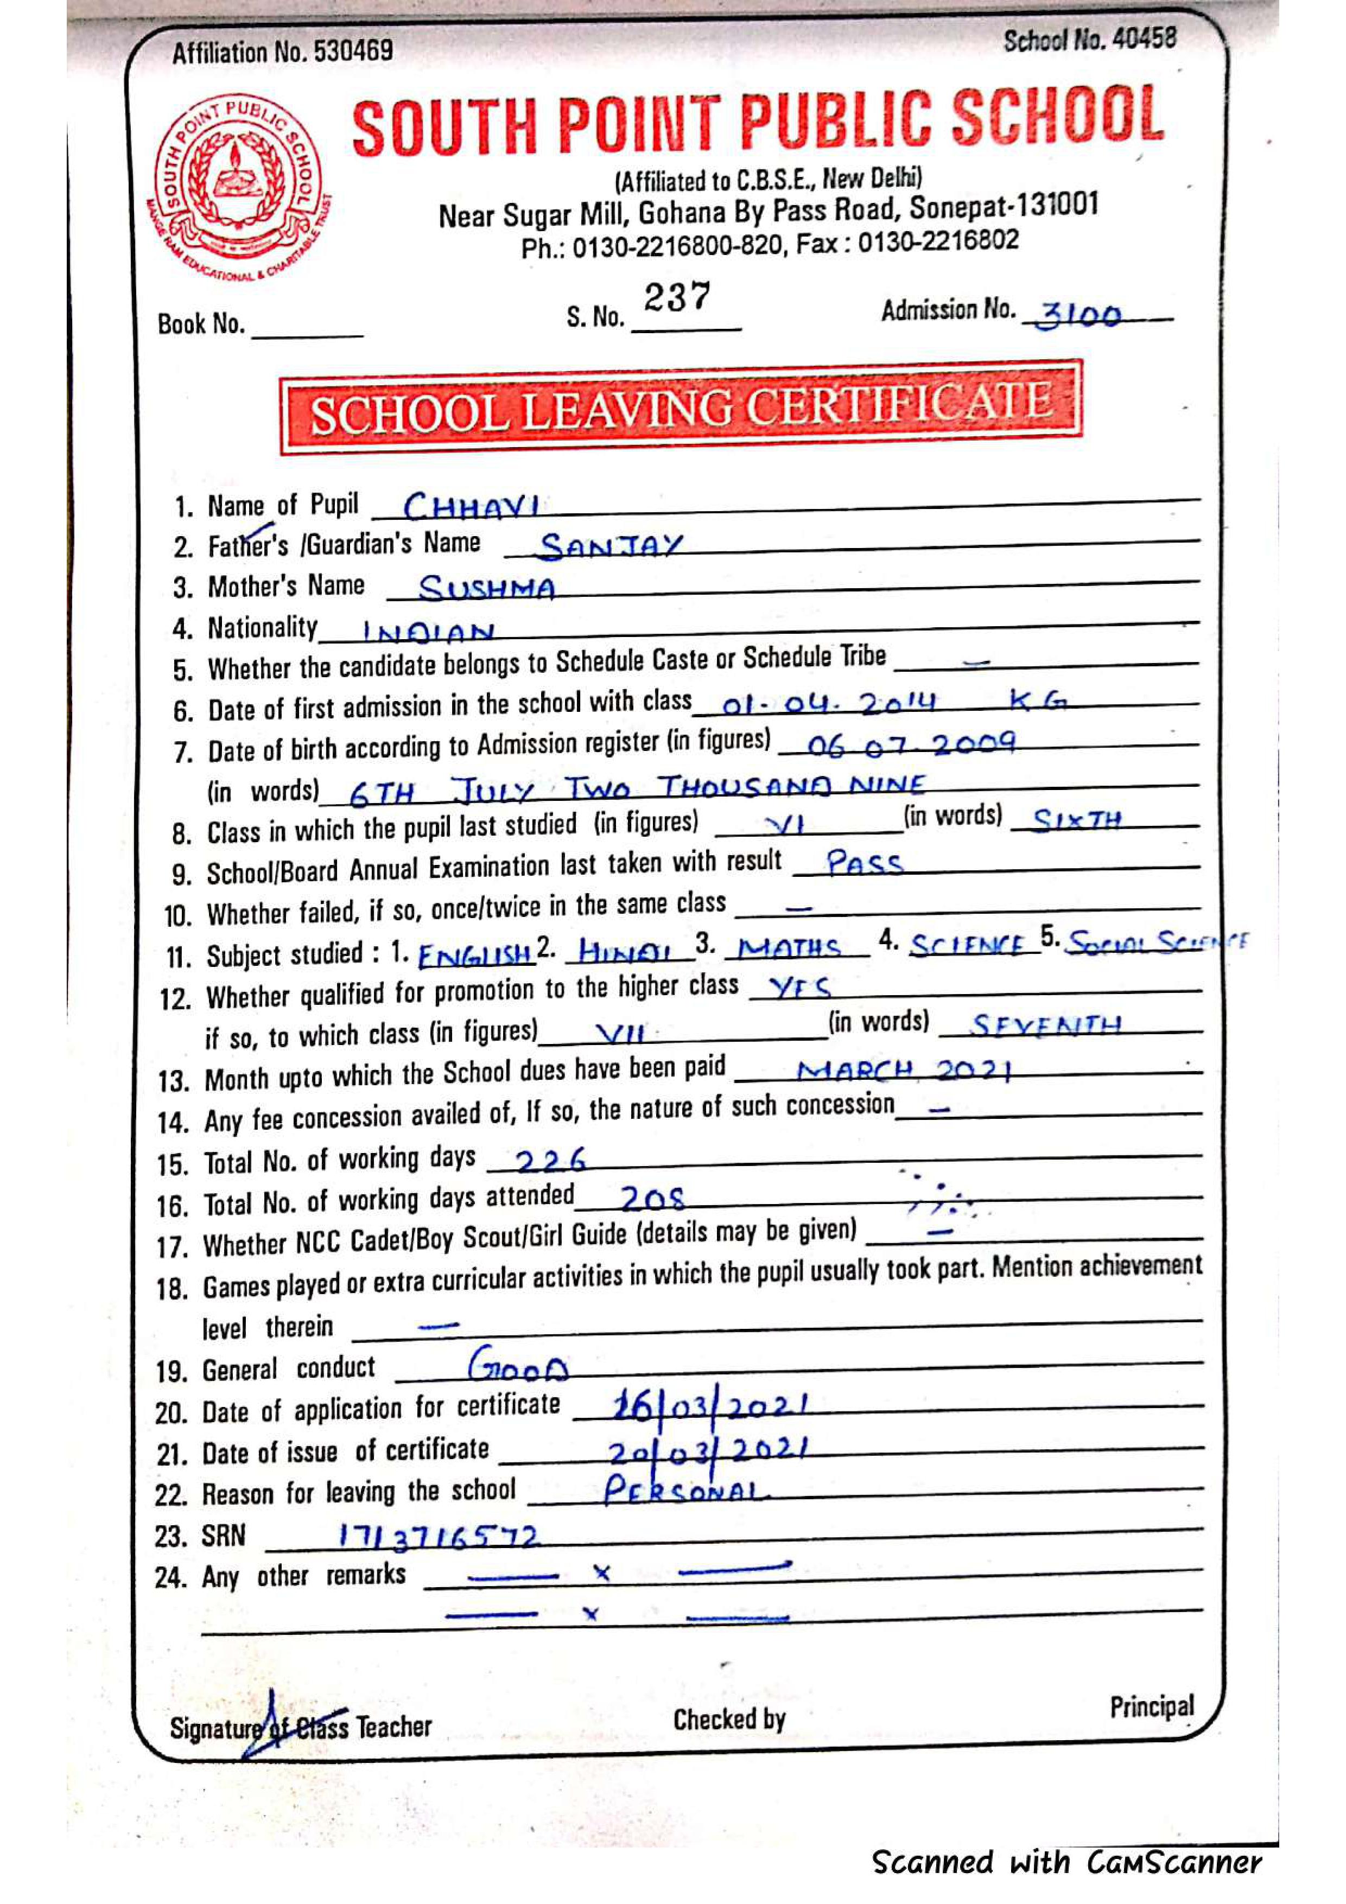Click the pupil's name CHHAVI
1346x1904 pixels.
point(471,505)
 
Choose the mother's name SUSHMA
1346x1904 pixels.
point(487,588)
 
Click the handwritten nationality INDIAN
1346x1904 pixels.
point(428,633)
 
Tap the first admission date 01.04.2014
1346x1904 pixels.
point(829,704)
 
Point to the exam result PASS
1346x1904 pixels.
point(864,863)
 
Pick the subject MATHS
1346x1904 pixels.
point(789,947)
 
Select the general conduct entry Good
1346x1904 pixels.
point(518,1364)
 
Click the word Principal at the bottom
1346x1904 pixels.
point(1151,1706)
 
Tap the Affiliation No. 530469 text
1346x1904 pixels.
point(282,52)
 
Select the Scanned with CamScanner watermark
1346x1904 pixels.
point(1066,1862)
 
